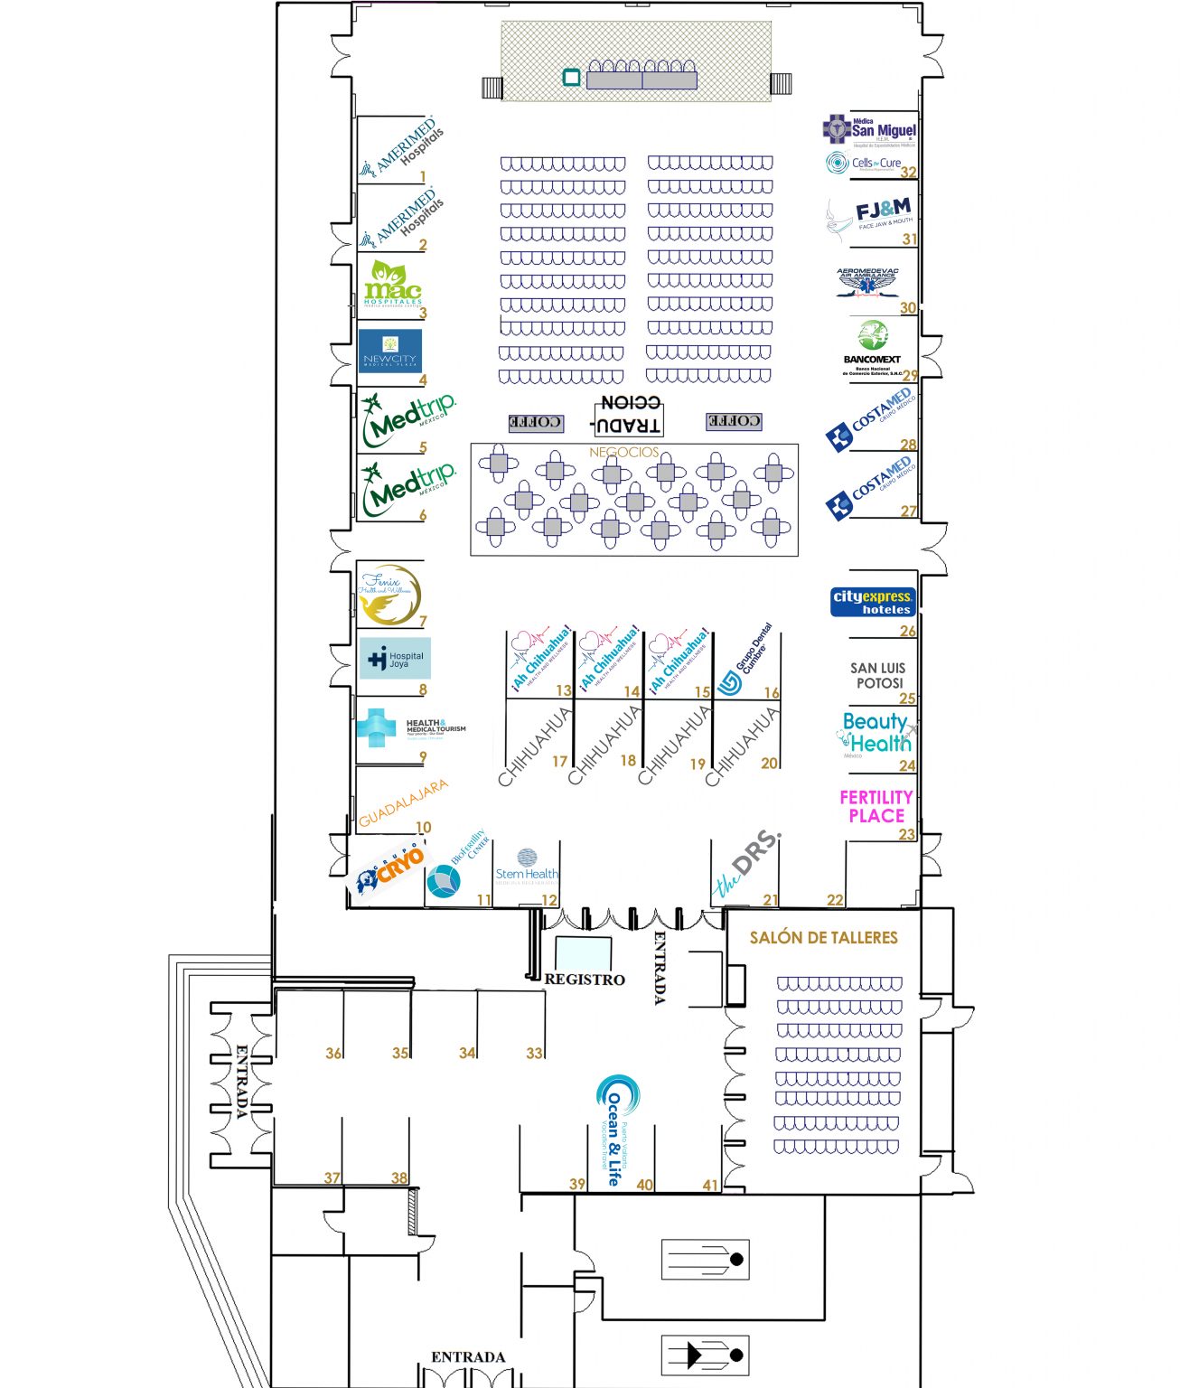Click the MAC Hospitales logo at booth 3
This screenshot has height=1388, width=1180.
pyautogui.click(x=392, y=285)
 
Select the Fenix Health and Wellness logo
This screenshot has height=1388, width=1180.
pyautogui.click(x=389, y=594)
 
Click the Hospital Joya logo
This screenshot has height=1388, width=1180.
pyautogui.click(x=396, y=659)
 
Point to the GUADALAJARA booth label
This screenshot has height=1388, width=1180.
pyautogui.click(x=402, y=803)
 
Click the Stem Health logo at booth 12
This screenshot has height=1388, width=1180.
pyautogui.click(x=527, y=867)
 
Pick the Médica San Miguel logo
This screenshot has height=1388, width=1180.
pyautogui.click(x=869, y=129)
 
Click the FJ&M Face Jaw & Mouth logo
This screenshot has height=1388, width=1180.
pyautogui.click(x=871, y=218)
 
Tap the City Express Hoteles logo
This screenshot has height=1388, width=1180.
pyautogui.click(x=873, y=602)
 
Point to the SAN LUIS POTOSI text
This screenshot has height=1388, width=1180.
pyautogui.click(x=877, y=675)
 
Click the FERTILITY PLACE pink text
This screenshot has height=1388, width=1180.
pyautogui.click(x=876, y=806)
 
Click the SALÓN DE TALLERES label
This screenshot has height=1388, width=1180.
pyautogui.click(x=823, y=938)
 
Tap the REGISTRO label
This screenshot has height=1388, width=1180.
pyautogui.click(x=585, y=980)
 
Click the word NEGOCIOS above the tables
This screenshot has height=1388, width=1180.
pyautogui.click(x=623, y=452)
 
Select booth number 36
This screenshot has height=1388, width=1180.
pyautogui.click(x=333, y=1053)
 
